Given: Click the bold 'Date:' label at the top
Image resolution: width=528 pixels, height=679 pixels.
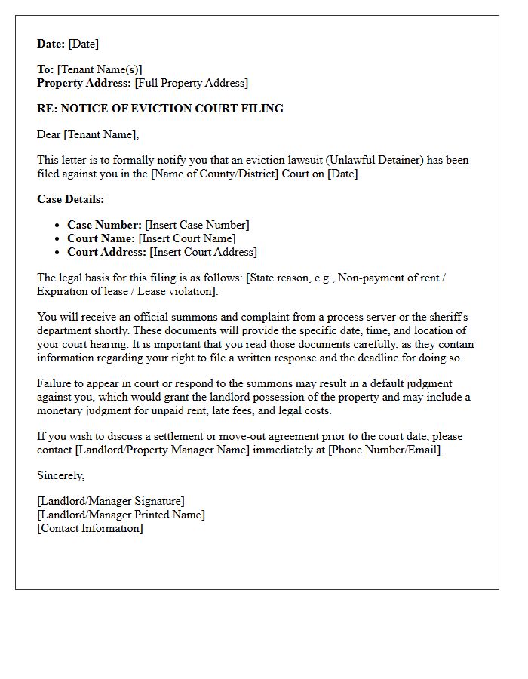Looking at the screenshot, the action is point(51,44).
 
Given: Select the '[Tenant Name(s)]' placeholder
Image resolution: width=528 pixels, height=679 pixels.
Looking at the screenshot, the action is point(100,69).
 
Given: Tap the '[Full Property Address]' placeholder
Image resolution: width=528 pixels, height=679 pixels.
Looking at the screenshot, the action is point(192,83).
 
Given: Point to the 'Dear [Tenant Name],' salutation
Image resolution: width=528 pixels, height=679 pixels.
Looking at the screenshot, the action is point(88,134).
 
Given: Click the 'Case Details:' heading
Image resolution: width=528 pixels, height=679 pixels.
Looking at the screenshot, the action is point(71,199).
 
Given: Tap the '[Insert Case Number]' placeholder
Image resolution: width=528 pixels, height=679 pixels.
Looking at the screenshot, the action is point(197,225).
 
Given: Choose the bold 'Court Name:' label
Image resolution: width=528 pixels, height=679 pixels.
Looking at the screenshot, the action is point(101,238).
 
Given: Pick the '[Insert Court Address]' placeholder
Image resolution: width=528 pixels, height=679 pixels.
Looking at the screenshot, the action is point(203,252).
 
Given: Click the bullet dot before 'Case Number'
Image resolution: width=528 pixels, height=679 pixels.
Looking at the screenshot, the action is point(58,225).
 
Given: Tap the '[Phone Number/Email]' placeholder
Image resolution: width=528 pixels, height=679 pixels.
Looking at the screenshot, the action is point(385,450).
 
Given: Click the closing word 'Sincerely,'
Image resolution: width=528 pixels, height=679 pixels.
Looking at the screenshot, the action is point(61,475).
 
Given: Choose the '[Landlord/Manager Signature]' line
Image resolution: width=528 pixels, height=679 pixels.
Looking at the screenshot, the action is point(111,501).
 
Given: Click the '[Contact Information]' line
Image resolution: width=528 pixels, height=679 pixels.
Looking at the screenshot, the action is point(90,528).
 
